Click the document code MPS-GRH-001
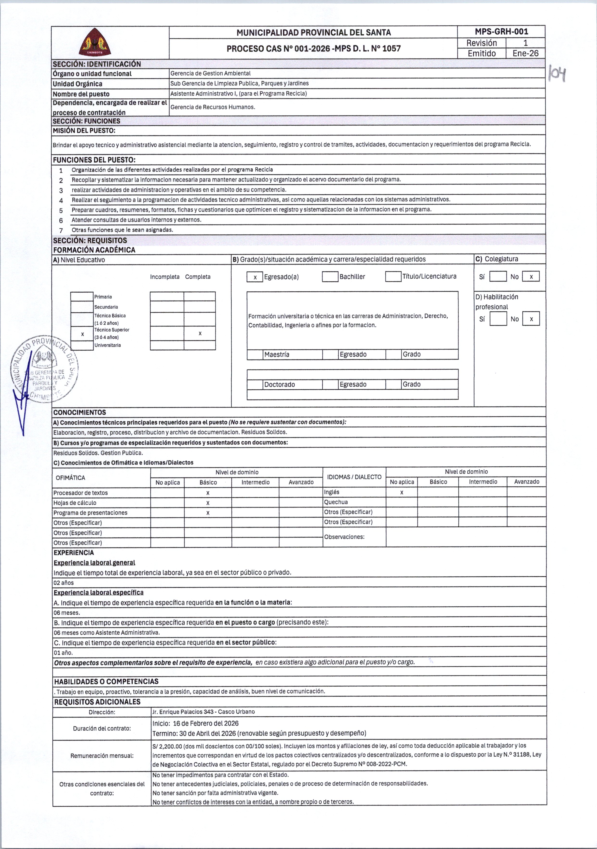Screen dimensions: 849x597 (501, 32)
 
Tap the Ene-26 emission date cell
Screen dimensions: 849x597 (525, 53)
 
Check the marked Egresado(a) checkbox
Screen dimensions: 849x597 (255, 277)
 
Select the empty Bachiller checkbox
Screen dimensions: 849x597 (330, 277)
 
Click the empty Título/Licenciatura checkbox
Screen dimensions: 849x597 (393, 276)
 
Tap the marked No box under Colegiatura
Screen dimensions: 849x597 (531, 277)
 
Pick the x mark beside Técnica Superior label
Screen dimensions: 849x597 (83, 334)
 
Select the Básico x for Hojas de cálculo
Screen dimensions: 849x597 (208, 503)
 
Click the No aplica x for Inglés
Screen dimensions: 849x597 (401, 493)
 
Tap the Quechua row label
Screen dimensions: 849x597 (336, 502)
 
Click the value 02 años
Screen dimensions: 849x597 (64, 583)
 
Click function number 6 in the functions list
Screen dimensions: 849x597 (61, 220)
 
